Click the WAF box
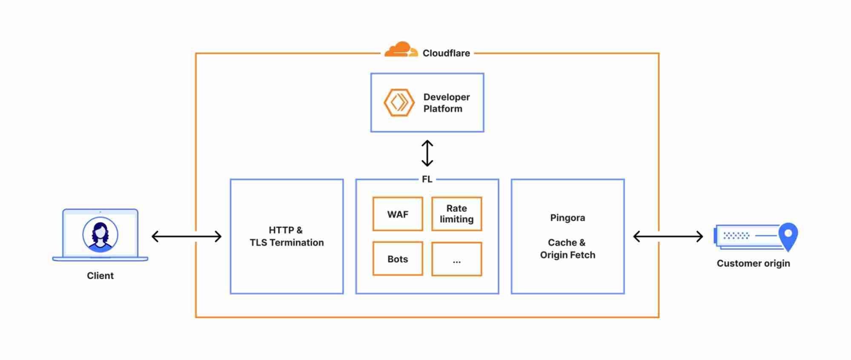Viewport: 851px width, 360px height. tap(397, 214)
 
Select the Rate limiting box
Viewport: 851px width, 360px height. tap(456, 214)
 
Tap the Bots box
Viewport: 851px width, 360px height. tap(397, 259)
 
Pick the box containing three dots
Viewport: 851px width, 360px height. tap(456, 259)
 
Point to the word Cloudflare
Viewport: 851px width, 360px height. tap(446, 53)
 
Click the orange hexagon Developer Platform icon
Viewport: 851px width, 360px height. tap(399, 103)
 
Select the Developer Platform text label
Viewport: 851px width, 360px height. tap(446, 103)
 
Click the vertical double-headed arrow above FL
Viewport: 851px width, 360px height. tap(427, 153)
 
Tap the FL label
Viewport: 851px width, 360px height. tap(427, 179)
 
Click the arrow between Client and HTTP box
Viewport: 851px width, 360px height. tap(186, 236)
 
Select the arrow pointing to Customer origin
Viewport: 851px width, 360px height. tap(668, 236)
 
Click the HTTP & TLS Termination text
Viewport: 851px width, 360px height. tap(287, 236)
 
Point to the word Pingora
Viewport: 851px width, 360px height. tap(567, 218)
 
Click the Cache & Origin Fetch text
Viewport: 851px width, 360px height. tap(567, 249)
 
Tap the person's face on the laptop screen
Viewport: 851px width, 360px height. tap(100, 232)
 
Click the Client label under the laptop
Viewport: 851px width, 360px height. tap(100, 276)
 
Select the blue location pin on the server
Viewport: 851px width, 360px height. tap(788, 235)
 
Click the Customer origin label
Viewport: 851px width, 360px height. tap(753, 263)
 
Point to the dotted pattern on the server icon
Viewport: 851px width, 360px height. tap(736, 235)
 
